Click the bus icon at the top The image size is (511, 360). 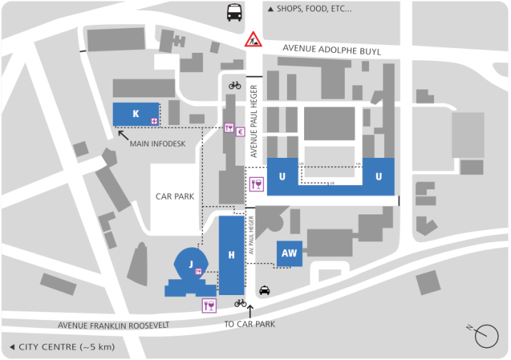234,12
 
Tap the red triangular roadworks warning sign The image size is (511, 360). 253,39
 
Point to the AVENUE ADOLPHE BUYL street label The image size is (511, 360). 331,51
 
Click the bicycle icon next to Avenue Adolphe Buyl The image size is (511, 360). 235,85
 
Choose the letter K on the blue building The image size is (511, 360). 136,114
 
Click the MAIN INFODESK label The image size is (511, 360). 157,144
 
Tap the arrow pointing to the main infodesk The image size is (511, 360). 123,133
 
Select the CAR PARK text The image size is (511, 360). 175,195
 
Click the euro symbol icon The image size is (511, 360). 241,131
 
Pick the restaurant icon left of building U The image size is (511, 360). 256,185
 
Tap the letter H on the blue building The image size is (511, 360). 231,254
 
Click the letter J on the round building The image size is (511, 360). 191,264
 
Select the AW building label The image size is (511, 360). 289,254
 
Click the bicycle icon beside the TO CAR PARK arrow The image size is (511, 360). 241,303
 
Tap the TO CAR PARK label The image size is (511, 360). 250,324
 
